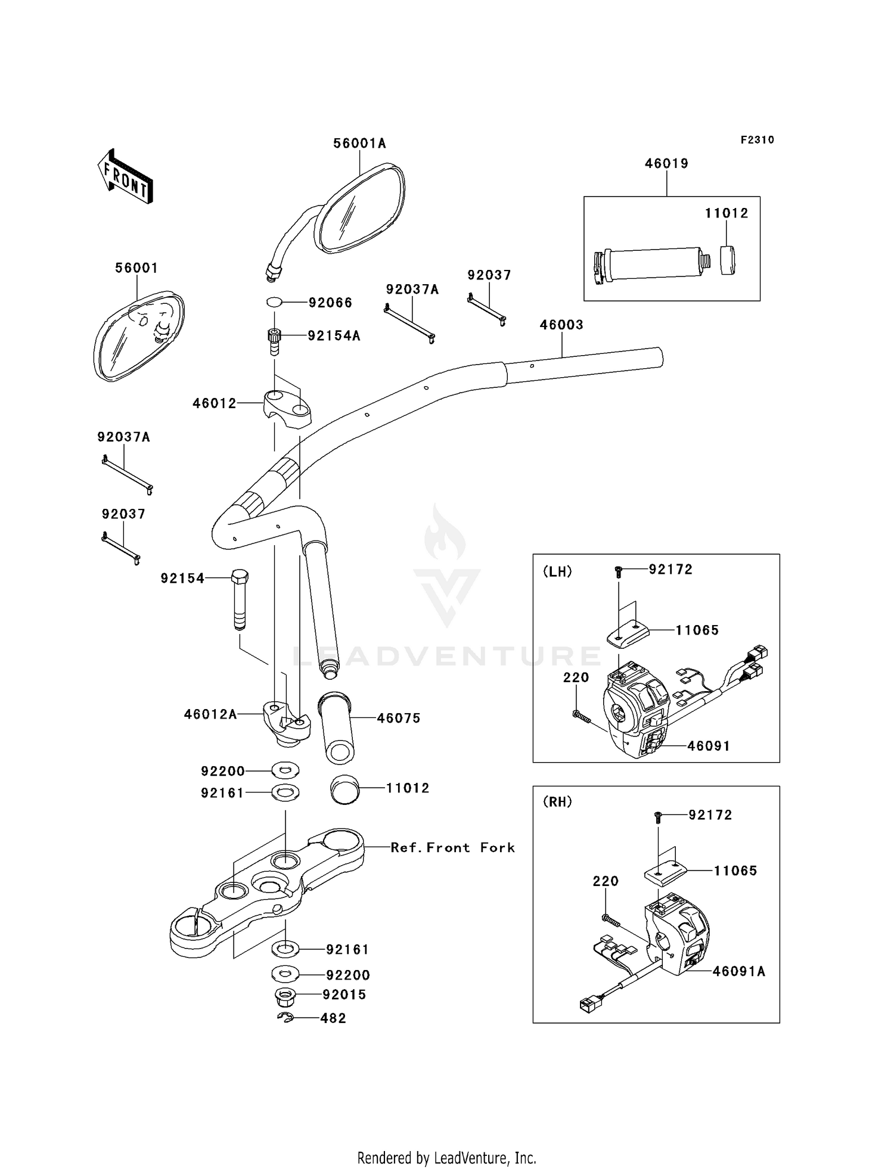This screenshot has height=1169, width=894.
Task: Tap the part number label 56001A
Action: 359,143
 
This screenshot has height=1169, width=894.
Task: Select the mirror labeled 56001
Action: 139,337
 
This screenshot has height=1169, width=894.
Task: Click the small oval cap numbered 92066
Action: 274,303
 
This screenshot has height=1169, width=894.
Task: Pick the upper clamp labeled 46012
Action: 287,406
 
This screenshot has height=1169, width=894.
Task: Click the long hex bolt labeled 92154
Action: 239,599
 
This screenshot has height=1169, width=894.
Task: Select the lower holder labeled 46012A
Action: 287,723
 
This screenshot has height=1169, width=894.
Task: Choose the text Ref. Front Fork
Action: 452,847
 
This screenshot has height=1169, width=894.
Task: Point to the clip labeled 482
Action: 285,1018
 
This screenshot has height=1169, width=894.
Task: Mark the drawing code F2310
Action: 757,140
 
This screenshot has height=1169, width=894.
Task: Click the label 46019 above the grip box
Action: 666,163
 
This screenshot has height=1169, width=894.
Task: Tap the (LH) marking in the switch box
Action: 557,571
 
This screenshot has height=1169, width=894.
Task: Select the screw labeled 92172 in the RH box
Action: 658,817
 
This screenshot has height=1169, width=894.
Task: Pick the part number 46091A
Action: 739,971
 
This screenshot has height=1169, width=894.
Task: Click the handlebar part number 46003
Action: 561,325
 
